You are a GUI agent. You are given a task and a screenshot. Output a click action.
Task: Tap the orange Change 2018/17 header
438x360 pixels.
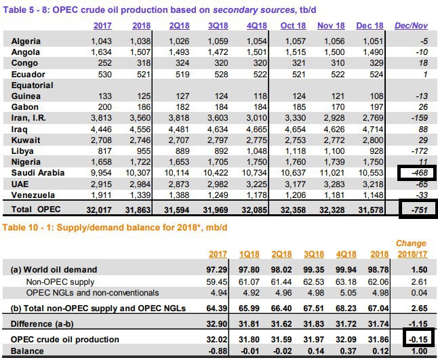coord(412,248)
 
